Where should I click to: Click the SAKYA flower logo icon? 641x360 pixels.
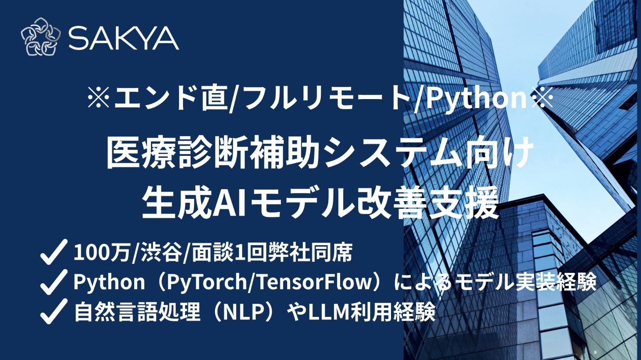[x=41, y=37]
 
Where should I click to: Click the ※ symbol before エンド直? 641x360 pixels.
[x=99, y=98]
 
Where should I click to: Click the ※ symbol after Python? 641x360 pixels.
[x=541, y=98]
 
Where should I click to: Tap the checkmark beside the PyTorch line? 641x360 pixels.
[x=54, y=282]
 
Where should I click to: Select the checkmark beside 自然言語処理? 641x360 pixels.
[x=54, y=311]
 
